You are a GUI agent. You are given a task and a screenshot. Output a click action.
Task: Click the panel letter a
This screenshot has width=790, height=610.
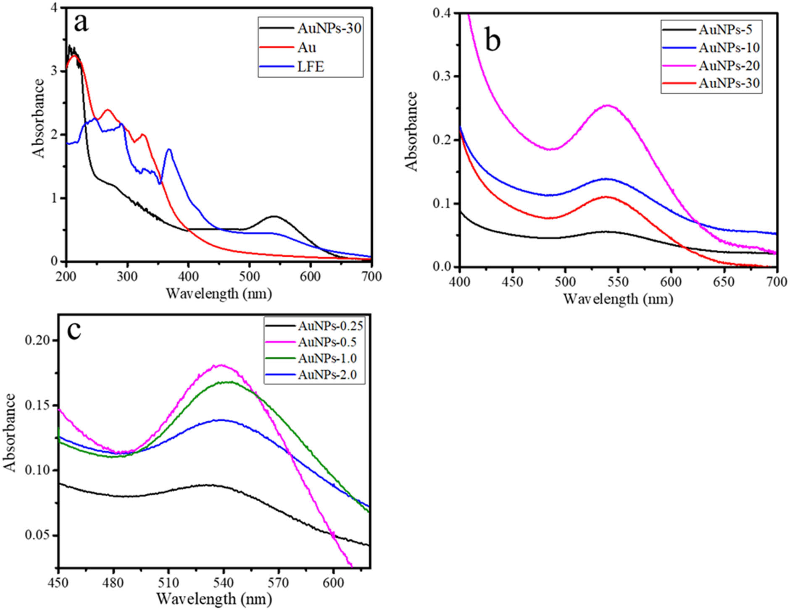point(81,23)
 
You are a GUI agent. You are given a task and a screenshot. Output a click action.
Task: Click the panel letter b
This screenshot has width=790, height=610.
point(492,41)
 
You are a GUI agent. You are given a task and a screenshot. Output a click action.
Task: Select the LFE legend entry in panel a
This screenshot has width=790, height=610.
point(311,67)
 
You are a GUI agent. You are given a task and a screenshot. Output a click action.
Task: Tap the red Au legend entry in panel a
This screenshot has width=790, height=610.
point(306,47)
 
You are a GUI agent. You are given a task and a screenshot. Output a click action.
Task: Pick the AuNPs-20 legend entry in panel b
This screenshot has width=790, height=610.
point(729,65)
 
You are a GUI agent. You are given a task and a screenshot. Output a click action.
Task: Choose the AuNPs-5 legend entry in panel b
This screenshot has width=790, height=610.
point(725,30)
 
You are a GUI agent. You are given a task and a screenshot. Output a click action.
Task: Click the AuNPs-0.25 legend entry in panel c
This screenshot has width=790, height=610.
point(330,326)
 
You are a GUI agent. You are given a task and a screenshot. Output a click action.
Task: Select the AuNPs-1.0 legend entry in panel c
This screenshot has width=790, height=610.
point(327,358)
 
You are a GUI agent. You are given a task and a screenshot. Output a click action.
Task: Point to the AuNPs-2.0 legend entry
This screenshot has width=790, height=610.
point(327,374)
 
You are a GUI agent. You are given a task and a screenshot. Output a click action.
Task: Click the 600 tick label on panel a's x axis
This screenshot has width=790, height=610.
point(310,276)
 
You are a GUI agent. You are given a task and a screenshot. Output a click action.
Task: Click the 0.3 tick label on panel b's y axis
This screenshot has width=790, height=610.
point(443,76)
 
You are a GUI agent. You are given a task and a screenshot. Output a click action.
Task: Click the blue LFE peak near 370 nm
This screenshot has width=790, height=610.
point(169,149)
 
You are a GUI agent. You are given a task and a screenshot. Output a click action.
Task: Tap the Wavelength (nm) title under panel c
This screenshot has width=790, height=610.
point(214,598)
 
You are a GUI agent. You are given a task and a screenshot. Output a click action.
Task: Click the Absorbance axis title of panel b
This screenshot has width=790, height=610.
point(412,131)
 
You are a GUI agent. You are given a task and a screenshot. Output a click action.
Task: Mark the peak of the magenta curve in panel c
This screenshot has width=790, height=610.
point(221,365)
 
